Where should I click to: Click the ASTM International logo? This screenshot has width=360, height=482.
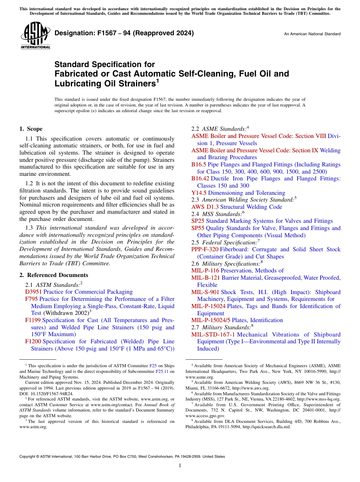(36, 36)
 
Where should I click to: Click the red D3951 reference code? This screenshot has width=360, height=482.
(33, 292)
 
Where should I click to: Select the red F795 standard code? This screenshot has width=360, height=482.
(31, 299)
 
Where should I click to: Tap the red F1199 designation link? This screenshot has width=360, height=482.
(33, 320)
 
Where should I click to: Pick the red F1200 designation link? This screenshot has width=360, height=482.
(33, 341)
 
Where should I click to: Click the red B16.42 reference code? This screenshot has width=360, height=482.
(200, 178)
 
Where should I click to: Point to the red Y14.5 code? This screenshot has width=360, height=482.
(199, 193)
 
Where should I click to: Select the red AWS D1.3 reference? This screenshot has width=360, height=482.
(205, 207)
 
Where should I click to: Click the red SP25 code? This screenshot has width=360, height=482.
(198, 221)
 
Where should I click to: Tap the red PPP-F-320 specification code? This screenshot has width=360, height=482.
(205, 249)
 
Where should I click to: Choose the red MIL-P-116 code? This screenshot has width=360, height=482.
(205, 271)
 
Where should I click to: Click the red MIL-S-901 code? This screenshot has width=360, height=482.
(205, 292)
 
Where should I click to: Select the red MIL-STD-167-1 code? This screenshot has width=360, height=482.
(213, 335)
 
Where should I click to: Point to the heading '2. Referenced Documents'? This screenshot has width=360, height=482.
(53, 275)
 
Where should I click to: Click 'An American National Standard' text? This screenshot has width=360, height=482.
(312, 34)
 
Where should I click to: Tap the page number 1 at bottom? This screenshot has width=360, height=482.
(180, 466)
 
